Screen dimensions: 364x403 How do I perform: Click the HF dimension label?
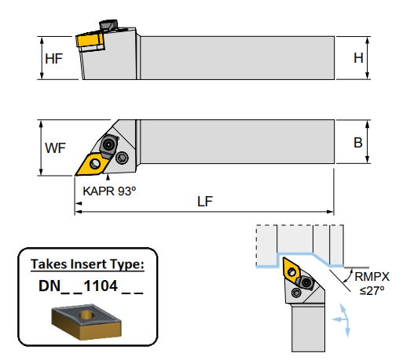(x=54, y=59)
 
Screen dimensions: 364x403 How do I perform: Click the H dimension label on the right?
(x=357, y=58)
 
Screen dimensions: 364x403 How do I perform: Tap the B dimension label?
(x=357, y=143)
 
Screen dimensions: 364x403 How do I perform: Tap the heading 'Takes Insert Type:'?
(x=87, y=264)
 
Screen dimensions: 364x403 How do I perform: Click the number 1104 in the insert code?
(x=101, y=287)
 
